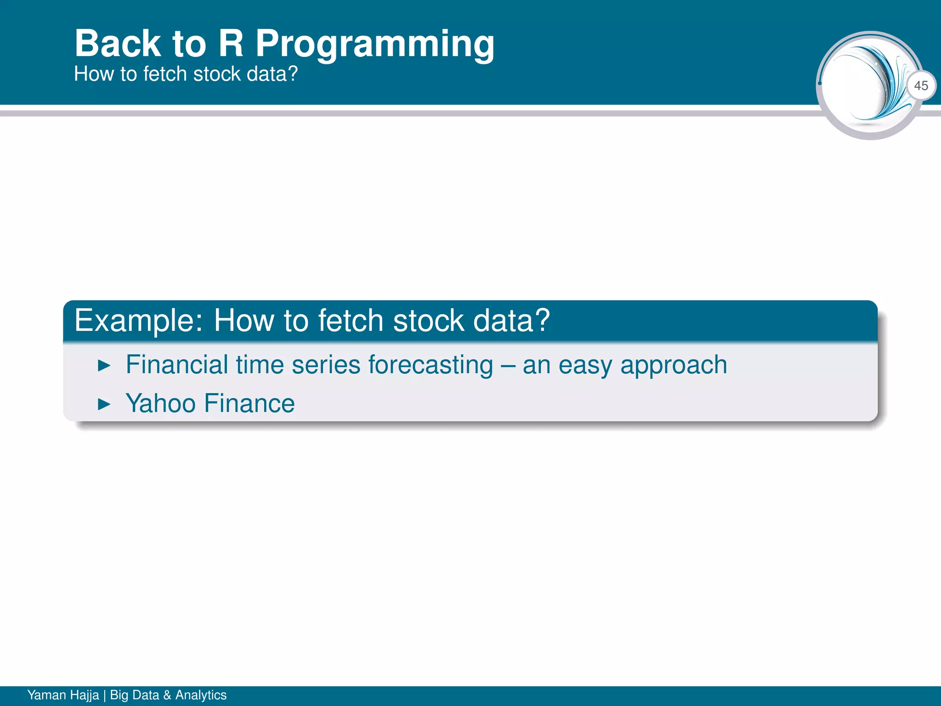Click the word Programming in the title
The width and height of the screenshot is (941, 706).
click(x=374, y=45)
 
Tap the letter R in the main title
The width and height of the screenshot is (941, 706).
click(x=231, y=44)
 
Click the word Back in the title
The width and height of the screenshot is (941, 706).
click(x=118, y=44)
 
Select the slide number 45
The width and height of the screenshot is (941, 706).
click(x=921, y=85)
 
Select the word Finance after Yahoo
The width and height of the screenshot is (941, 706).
click(x=249, y=404)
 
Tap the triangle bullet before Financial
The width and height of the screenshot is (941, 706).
click(x=104, y=366)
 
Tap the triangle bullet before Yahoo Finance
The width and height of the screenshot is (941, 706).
click(x=104, y=405)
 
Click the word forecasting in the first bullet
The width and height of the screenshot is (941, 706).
click(x=431, y=365)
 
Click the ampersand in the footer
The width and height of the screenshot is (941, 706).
click(x=167, y=695)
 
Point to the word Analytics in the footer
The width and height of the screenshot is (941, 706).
click(x=201, y=695)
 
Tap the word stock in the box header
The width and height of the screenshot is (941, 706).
click(x=428, y=320)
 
